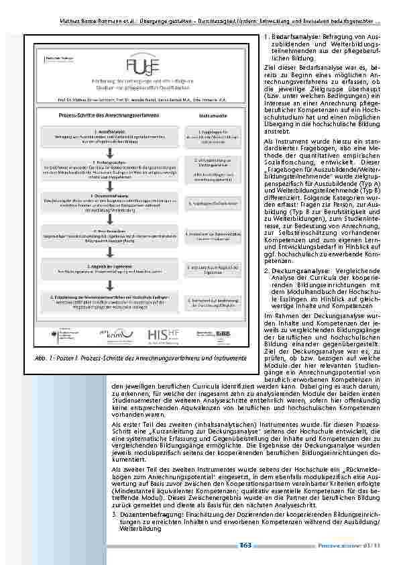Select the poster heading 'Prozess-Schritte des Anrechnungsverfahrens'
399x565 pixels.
pyautogui.click(x=105, y=116)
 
